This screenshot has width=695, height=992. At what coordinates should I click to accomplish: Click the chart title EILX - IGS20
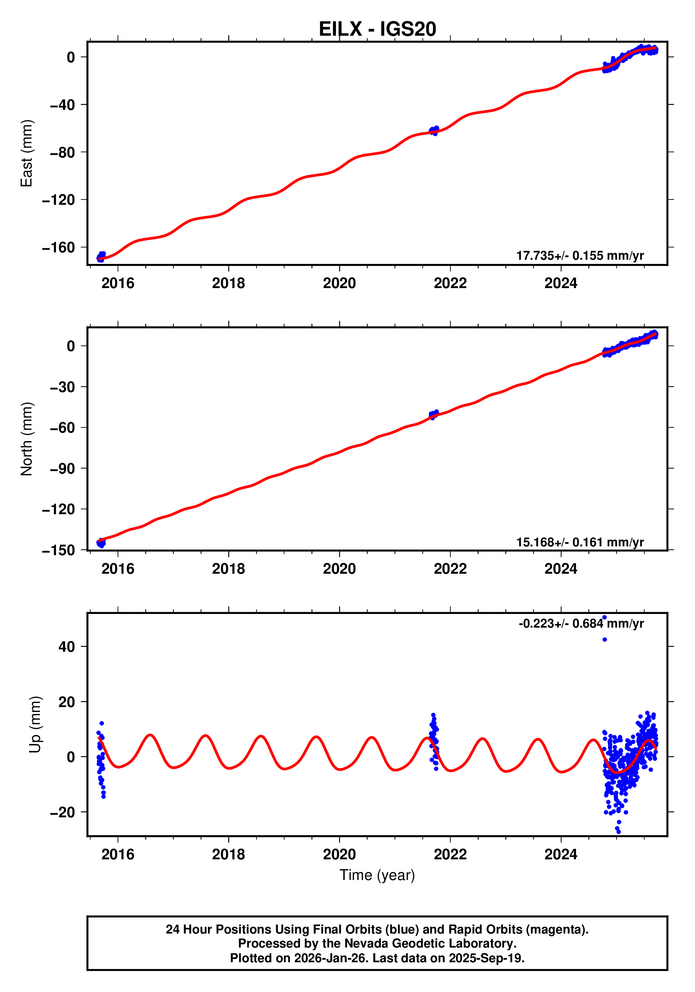(377, 29)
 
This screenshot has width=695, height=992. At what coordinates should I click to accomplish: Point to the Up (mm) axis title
(35, 725)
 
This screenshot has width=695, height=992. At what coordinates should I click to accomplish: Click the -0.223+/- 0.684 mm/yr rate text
(581, 624)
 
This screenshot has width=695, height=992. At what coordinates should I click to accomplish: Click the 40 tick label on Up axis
(66, 647)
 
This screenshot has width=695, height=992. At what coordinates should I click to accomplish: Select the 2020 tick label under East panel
(339, 284)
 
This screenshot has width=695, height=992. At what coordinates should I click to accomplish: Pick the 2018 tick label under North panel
(228, 569)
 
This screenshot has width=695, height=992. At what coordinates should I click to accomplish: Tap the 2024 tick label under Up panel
(561, 854)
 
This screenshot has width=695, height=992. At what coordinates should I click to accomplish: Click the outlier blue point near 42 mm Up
(604, 640)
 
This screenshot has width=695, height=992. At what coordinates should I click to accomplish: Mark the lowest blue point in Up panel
(619, 831)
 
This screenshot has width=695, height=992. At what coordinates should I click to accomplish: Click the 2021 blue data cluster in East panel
(434, 130)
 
